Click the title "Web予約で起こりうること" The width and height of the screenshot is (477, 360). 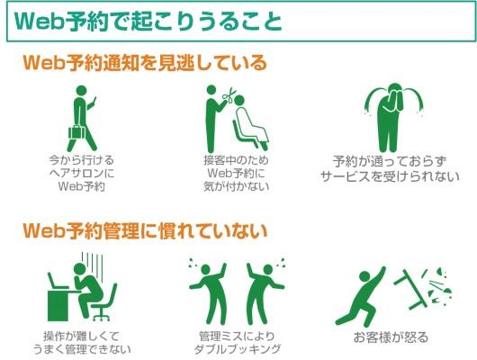click(x=148, y=22)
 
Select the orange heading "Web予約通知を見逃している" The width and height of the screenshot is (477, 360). click(x=145, y=63)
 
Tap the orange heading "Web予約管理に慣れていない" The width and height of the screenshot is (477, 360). click(x=145, y=231)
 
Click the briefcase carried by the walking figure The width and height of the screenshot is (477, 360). click(x=77, y=132)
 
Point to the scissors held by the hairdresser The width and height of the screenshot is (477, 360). click(x=229, y=95)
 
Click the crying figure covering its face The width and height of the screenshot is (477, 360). click(x=394, y=118)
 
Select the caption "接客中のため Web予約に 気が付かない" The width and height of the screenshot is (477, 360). click(x=237, y=173)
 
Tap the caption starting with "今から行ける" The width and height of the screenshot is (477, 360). click(x=82, y=173)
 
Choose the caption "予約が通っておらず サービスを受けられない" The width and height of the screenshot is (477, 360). click(x=390, y=169)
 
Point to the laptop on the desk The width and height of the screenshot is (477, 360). click(x=57, y=282)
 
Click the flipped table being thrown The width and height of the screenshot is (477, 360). click(x=410, y=289)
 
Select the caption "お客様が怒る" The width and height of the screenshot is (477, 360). click(x=391, y=337)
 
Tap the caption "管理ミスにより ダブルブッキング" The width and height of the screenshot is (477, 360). click(x=238, y=343)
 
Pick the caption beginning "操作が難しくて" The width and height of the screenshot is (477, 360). click(x=82, y=343)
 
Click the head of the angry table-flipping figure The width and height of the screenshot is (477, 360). click(x=364, y=276)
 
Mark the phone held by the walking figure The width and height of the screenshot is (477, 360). click(x=94, y=101)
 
